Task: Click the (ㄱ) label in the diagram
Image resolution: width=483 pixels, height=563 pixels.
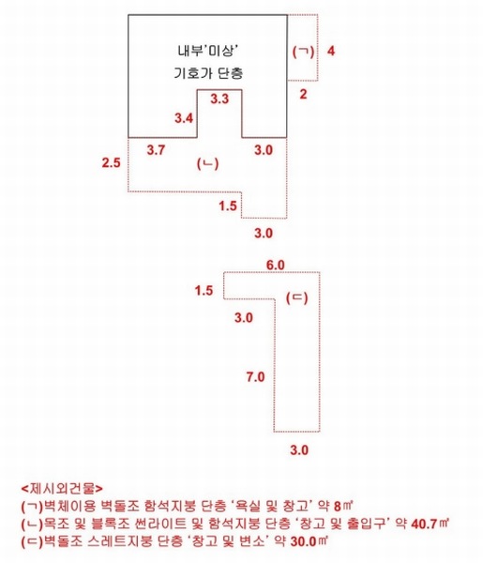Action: [x=303, y=52]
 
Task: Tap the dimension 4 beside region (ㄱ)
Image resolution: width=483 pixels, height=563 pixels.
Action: [x=331, y=51]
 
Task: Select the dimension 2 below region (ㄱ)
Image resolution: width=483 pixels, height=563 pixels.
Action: [x=303, y=94]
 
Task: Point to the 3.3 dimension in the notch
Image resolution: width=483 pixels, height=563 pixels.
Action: [x=219, y=99]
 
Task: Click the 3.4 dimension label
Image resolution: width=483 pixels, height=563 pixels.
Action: [x=184, y=118]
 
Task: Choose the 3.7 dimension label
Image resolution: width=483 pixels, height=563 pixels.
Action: [x=156, y=150]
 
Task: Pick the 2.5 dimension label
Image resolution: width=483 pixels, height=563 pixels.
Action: [x=111, y=162]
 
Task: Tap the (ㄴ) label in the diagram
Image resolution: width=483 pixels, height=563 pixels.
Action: [x=208, y=163]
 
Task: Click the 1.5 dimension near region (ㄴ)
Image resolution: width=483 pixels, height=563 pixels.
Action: [x=228, y=205]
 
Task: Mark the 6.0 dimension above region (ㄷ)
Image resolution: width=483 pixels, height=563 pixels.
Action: [x=275, y=265]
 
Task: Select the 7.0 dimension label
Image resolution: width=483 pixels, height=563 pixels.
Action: [x=255, y=376]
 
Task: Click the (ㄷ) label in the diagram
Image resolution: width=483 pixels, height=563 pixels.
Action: [x=296, y=297]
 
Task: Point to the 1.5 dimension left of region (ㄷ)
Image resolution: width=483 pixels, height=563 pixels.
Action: [x=204, y=290]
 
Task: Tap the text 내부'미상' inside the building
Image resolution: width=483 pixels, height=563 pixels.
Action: [x=208, y=51]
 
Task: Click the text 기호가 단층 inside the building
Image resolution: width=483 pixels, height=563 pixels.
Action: [x=208, y=72]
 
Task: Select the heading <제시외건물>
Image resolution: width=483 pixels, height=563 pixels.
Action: [x=62, y=488]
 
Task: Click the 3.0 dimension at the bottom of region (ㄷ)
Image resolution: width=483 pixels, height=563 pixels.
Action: [x=299, y=449]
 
